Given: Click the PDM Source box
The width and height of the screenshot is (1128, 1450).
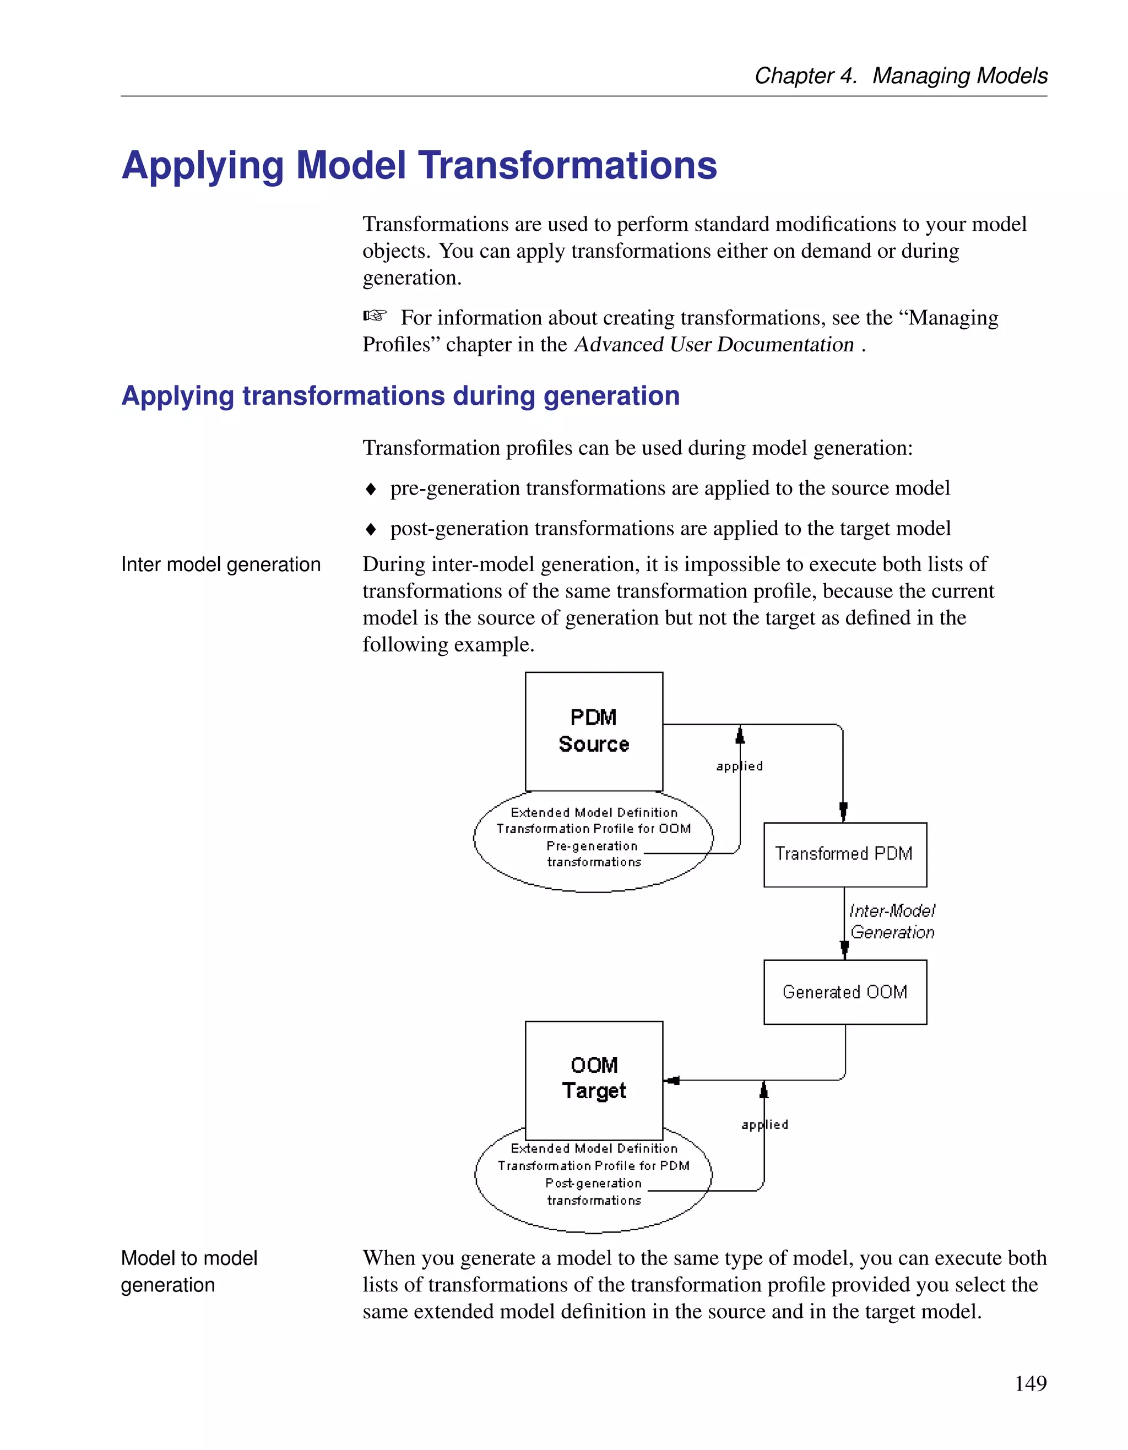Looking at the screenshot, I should [x=594, y=731].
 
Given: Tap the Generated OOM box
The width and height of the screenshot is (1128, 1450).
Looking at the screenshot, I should [x=844, y=992].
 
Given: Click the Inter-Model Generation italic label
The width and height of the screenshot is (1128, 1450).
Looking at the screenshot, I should [x=892, y=921].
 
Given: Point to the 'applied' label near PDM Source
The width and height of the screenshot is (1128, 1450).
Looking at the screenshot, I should [x=740, y=766].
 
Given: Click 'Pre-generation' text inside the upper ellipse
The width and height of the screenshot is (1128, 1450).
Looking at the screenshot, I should [x=592, y=846].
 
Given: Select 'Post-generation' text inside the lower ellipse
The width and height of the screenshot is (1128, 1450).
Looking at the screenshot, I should [x=593, y=1183].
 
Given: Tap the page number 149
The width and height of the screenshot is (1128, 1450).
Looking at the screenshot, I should [x=1031, y=1383].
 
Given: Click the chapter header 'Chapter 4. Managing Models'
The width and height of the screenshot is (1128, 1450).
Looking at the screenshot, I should [x=901, y=75].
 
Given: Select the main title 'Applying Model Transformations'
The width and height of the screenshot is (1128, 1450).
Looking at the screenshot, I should [x=419, y=165].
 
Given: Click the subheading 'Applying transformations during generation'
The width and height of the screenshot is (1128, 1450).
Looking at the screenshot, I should [x=400, y=396].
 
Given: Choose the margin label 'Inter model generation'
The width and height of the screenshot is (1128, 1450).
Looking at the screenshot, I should [x=220, y=564].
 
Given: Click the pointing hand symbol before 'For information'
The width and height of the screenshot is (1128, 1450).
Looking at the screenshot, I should [x=375, y=316].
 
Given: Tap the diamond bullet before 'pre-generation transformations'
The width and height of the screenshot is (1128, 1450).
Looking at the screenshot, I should [x=371, y=490].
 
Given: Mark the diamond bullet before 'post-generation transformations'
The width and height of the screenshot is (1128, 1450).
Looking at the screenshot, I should [x=371, y=529].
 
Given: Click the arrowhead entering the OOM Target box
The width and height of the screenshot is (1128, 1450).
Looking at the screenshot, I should [x=671, y=1080].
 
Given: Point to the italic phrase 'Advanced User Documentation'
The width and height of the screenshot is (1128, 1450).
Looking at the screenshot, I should [x=714, y=345].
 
